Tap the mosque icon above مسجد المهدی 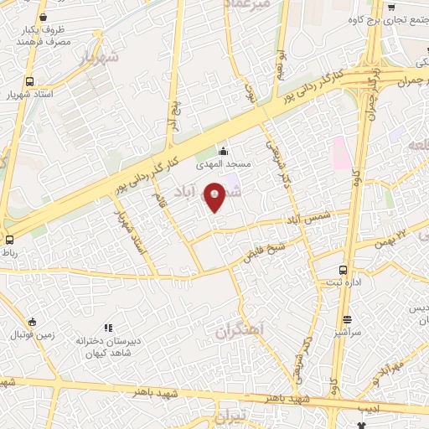click(224, 152)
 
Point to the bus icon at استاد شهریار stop click(30, 81)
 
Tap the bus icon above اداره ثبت click(343, 271)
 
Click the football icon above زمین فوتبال click(32, 322)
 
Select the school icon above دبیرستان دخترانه click(106, 327)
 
